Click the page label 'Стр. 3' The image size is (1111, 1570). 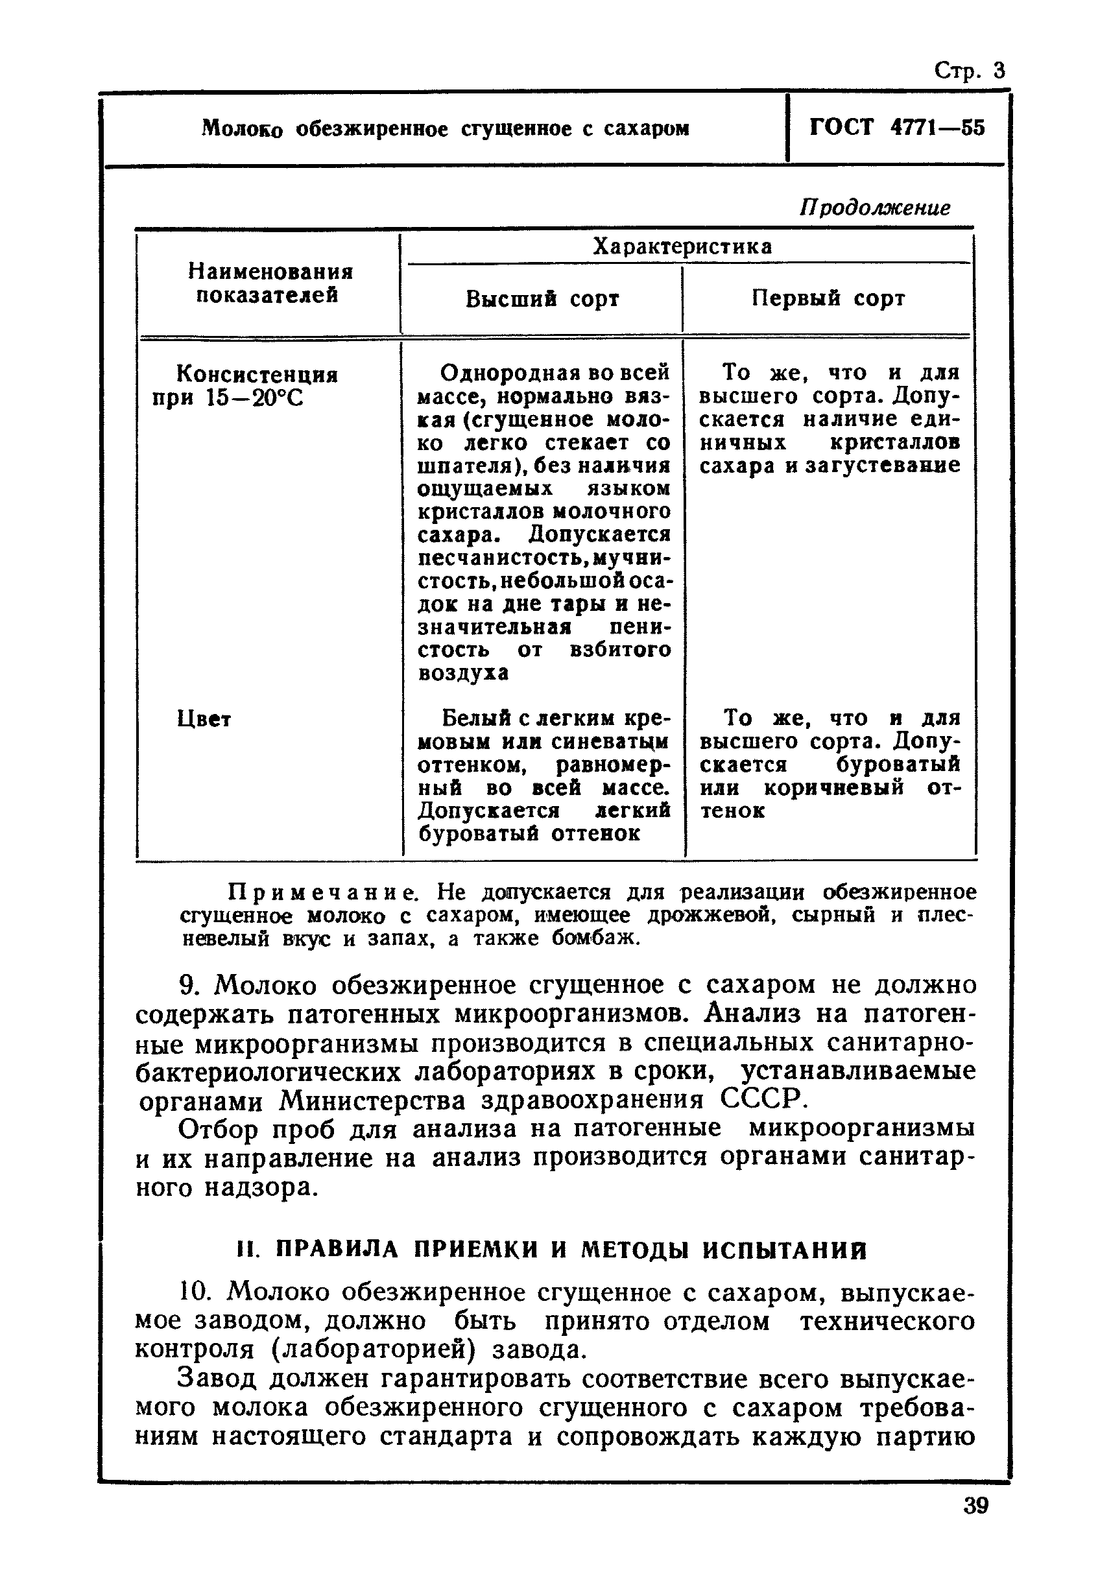[970, 71]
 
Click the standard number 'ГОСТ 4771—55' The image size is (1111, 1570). [897, 128]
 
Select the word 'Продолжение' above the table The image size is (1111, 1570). [875, 208]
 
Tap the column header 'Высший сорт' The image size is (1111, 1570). [542, 299]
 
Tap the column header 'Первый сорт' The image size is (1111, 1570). [828, 298]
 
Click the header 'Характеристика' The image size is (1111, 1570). [682, 246]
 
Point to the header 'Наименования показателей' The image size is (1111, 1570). [270, 284]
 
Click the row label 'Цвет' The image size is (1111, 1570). [204, 719]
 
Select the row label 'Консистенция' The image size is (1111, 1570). [257, 374]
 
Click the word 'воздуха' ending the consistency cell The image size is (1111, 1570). [463, 673]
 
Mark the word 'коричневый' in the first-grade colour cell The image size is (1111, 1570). [833, 788]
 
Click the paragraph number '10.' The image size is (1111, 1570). [194, 1292]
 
